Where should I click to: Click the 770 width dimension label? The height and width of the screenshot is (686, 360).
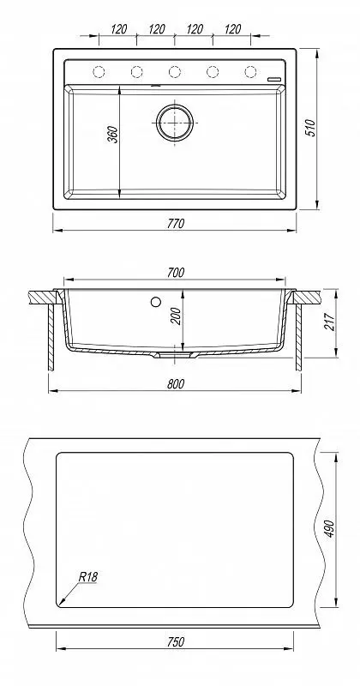tap(176, 224)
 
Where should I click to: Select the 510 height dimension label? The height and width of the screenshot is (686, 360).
tap(311, 128)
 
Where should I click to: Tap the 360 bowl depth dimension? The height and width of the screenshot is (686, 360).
tap(113, 135)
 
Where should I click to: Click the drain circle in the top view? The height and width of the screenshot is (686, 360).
tap(175, 123)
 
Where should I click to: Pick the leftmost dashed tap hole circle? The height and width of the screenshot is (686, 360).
tap(99, 71)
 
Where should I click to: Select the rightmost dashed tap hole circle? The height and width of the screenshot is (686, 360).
tap(250, 71)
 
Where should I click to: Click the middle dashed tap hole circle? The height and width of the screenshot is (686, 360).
tap(175, 71)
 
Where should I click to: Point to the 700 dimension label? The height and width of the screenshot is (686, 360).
tap(176, 272)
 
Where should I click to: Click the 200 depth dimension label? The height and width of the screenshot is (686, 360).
tap(177, 316)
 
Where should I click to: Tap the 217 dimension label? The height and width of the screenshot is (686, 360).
tap(330, 322)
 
